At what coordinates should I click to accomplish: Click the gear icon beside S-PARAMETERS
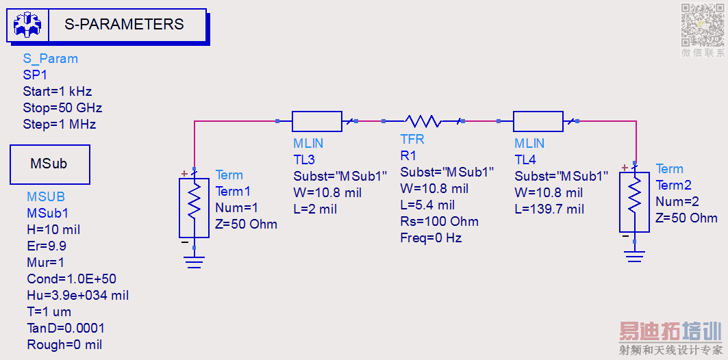(27, 25)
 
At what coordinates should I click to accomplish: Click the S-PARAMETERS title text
(124, 25)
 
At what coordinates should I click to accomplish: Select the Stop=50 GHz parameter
(62, 108)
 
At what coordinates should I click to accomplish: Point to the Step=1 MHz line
(59, 125)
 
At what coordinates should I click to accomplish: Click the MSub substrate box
(49, 164)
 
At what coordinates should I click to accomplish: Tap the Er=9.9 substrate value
(47, 246)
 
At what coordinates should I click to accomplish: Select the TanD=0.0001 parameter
(66, 328)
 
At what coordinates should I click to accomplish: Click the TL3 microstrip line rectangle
(316, 121)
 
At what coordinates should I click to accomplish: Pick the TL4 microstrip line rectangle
(538, 121)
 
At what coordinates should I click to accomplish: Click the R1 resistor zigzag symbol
(423, 121)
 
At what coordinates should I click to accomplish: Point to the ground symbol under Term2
(635, 256)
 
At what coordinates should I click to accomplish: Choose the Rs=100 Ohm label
(439, 222)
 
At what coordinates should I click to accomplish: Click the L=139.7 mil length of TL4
(549, 209)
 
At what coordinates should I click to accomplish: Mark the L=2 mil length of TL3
(315, 209)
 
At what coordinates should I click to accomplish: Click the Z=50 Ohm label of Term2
(686, 218)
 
